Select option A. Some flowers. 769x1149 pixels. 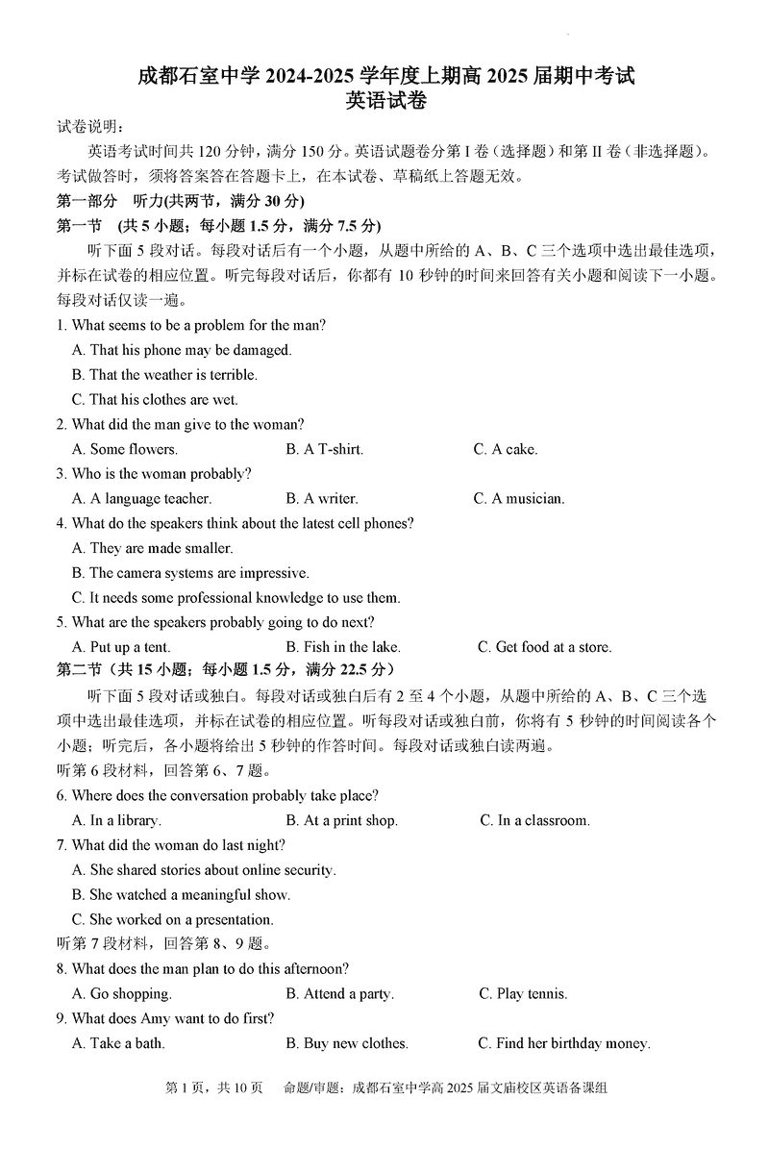(125, 449)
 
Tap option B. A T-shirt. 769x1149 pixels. (324, 449)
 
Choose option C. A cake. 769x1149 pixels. (506, 449)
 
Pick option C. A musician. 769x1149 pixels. (519, 498)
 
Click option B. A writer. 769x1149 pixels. (321, 498)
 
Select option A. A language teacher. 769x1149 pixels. (141, 498)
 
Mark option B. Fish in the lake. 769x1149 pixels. (342, 647)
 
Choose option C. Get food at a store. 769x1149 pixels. (544, 647)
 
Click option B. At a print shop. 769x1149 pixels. (341, 820)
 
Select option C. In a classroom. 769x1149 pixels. (534, 820)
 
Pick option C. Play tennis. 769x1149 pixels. (523, 993)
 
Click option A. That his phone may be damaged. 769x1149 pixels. (182, 350)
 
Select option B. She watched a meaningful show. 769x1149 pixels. (181, 894)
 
